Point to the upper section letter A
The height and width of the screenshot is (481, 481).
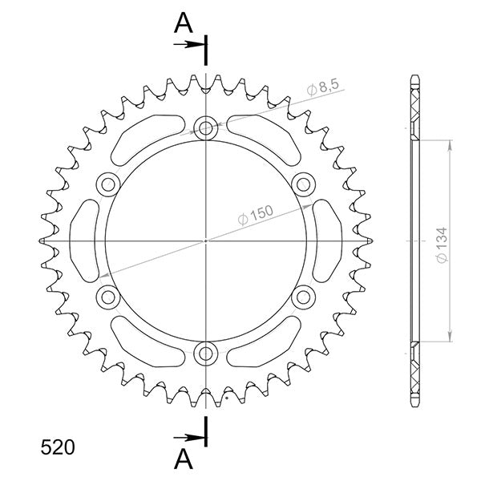184,24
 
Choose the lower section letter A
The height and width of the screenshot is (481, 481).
184,459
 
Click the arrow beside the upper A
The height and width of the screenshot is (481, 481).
191,44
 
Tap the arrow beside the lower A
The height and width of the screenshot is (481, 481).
191,437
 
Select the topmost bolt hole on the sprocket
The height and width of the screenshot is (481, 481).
206,127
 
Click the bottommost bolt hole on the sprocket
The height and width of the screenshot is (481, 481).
206,354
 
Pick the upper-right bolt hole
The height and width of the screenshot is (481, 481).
304,184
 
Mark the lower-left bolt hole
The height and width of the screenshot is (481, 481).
107,297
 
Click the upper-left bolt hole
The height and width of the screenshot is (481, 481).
107,184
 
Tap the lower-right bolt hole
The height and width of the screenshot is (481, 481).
304,297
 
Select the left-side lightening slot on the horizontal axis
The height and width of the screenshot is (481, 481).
85,240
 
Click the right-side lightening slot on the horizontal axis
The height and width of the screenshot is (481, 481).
327,240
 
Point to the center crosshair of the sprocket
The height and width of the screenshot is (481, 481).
206,240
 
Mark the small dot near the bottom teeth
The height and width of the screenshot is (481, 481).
228,396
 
